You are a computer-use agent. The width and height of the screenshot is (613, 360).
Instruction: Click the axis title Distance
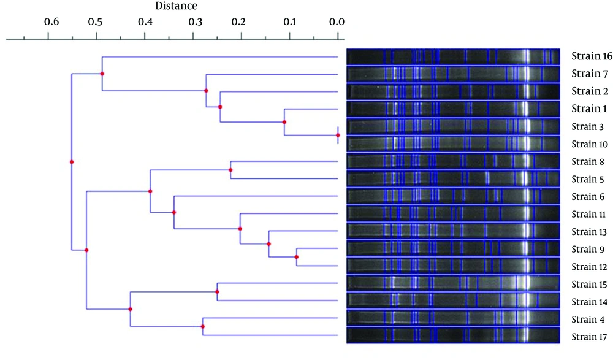point(176,6)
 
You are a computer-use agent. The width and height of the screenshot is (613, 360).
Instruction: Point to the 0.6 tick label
point(51,22)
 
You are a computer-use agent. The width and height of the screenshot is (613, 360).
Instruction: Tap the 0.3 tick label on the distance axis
point(195,22)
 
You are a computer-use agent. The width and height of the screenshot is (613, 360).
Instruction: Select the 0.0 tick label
point(337,22)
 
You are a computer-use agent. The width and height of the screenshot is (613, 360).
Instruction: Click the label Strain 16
point(592,56)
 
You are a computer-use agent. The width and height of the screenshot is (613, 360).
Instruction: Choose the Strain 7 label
point(590,74)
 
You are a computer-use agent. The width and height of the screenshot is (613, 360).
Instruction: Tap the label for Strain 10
point(590,144)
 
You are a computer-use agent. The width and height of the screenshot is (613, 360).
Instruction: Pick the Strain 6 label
point(588,196)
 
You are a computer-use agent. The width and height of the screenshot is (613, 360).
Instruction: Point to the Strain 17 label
point(589,337)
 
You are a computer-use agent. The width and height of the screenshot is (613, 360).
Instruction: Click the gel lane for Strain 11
point(453,213)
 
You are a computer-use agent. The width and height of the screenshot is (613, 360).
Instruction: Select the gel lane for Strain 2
point(453,91)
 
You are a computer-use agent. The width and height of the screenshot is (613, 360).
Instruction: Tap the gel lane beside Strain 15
point(453,284)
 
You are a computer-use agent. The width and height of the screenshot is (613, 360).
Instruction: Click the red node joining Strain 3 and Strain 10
point(338,136)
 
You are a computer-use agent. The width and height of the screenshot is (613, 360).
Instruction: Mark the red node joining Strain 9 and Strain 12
point(296,257)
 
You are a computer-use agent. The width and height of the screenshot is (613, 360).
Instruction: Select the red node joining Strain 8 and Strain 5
point(230,170)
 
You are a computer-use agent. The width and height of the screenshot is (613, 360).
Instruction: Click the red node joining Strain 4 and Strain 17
point(202,326)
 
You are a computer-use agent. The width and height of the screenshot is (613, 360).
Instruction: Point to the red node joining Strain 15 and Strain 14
point(217,292)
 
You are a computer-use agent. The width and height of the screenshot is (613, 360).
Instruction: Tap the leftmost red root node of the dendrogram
point(72,162)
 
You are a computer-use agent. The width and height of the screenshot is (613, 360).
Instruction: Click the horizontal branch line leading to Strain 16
point(219,57)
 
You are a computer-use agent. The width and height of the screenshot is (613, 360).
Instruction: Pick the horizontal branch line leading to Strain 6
point(256,196)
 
